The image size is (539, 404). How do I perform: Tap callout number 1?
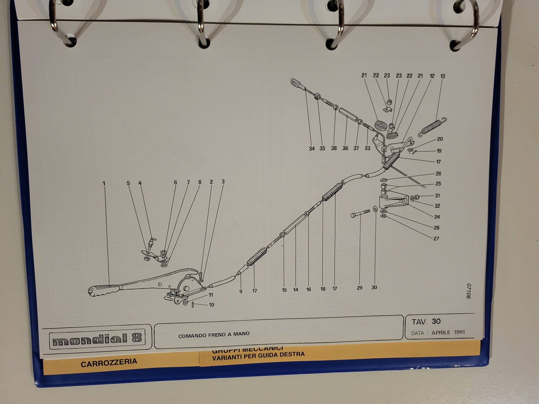pos(104,183)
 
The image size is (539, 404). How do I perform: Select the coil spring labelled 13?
pos(432,127)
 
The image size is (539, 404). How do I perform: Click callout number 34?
pos(312,149)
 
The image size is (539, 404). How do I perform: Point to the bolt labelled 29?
pos(360,213)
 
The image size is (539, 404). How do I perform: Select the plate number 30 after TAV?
pos(436,321)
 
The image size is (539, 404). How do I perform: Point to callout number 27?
pos(436,239)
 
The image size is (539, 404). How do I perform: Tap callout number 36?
pos(345,148)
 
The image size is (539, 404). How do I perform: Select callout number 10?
pos(211,305)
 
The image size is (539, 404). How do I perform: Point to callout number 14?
pos(296,290)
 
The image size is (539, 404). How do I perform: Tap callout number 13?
pos(442,76)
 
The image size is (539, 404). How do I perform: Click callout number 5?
pos(128,183)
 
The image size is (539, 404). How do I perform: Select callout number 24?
pos(437,217)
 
